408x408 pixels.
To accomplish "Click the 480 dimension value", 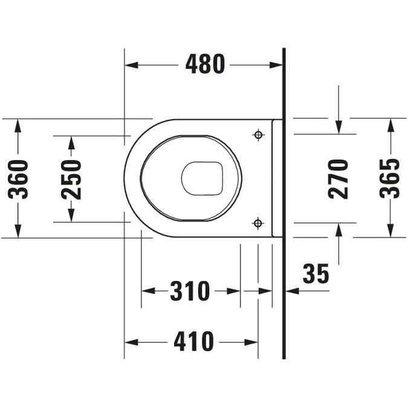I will (x=205, y=64).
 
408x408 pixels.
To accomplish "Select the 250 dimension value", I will (x=71, y=179).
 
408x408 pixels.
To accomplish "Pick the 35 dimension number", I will (x=316, y=274).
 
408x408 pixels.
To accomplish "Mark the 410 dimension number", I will (x=193, y=342).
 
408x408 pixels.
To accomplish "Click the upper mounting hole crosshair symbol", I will (x=258, y=134).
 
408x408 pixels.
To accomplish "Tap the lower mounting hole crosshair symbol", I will (x=258, y=223).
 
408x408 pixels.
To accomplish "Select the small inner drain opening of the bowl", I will (x=202, y=178).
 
